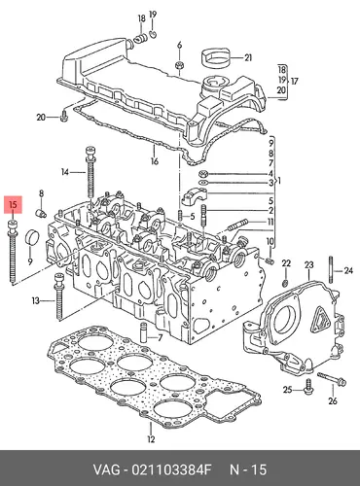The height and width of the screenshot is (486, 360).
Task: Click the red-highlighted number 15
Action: tap(13, 205)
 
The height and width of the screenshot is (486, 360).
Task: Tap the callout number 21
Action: tap(248, 58)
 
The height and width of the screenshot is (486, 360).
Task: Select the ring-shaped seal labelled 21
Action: tap(216, 57)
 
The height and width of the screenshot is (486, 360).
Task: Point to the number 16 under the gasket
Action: tap(154, 161)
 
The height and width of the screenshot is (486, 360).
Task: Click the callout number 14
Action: tap(65, 172)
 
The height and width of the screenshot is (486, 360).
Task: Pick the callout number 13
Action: tap(35, 301)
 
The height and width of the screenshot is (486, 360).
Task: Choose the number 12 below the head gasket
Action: tap(151, 439)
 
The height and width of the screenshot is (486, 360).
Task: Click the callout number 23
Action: tap(309, 265)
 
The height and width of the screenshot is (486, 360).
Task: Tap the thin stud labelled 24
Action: tap(331, 270)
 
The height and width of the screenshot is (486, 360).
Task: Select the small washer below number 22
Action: tap(286, 284)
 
